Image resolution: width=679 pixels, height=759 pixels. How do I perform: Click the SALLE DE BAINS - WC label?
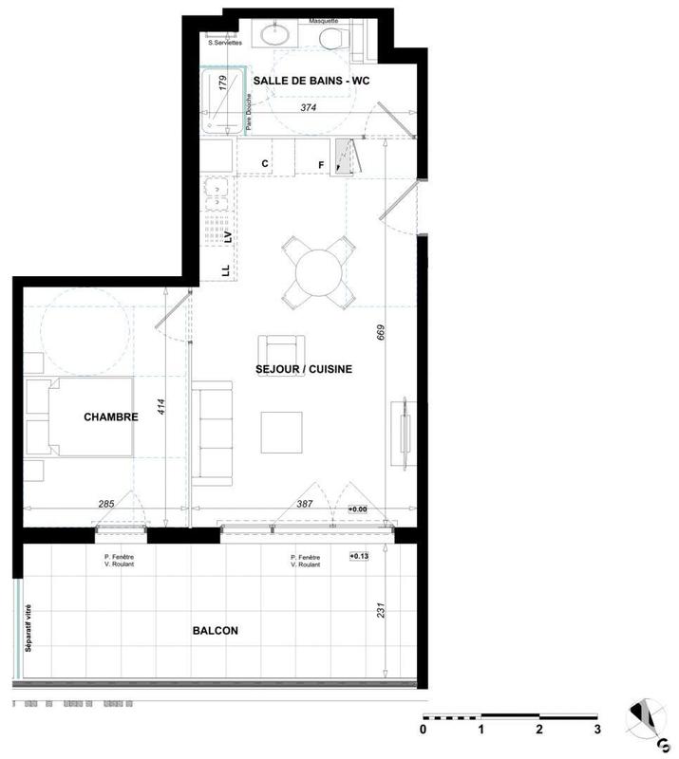pos(311,82)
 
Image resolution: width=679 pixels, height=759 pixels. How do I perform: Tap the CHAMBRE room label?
pos(111,417)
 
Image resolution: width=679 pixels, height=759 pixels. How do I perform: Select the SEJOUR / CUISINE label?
pos(304,369)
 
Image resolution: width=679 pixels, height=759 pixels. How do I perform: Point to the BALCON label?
pos(215,630)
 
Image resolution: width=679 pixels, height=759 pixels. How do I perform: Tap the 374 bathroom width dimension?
pos(308,109)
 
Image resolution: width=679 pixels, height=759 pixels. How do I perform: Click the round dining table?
pos(319,273)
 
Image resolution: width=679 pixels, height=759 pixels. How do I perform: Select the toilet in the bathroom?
pos(332,38)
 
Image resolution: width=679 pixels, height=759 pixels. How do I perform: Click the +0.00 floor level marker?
pos(358,509)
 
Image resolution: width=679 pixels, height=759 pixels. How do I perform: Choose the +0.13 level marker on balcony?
pos(359,556)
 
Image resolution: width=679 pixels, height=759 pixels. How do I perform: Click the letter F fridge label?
pos(321,165)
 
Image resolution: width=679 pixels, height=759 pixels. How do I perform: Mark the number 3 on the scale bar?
pos(597,730)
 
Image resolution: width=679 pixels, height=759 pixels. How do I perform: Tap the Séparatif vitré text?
pos(29,628)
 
